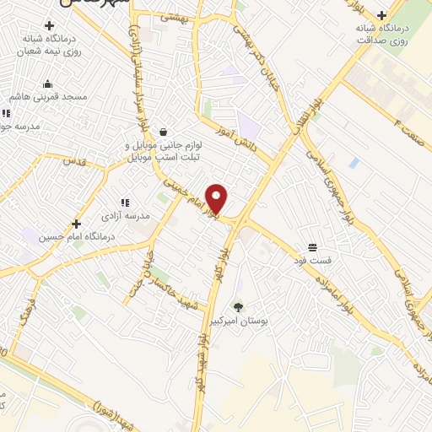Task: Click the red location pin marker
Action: click(x=218, y=198)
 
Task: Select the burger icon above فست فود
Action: click(x=312, y=246)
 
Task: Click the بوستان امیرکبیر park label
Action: click(x=238, y=321)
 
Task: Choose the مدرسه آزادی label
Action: click(x=125, y=216)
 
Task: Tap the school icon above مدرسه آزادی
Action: click(x=125, y=202)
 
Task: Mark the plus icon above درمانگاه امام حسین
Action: click(x=77, y=224)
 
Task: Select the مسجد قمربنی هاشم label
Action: click(x=49, y=98)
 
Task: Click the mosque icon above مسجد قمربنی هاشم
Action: click(x=47, y=84)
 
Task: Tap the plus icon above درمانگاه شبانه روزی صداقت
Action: click(x=382, y=15)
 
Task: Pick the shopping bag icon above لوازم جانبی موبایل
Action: click(x=162, y=132)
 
